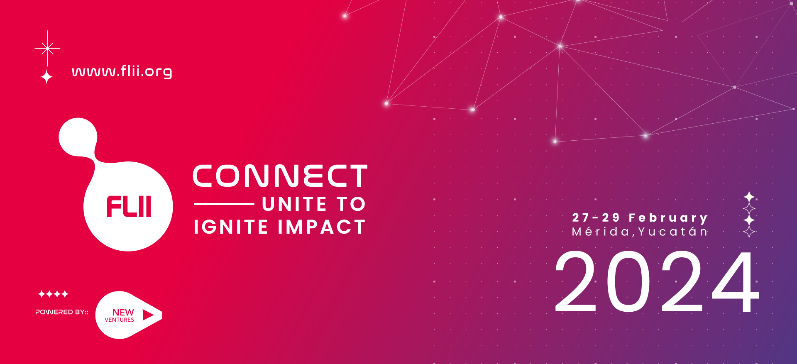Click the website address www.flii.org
[x=122, y=71]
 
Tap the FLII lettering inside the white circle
[x=129, y=206]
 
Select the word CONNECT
[x=280, y=176]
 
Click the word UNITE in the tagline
[x=294, y=204]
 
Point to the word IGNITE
[x=231, y=227]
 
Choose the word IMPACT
[x=322, y=227]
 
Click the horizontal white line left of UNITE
[x=224, y=204]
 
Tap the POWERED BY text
[x=62, y=312]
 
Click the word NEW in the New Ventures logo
[x=123, y=312]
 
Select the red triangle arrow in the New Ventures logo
[x=148, y=315]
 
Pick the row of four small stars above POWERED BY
[x=53, y=294]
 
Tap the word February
[x=668, y=218]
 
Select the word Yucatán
[x=673, y=232]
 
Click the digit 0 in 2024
[x=628, y=281]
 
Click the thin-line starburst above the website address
[x=47, y=49]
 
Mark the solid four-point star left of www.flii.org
[x=47, y=77]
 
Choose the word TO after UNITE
[x=351, y=204]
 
